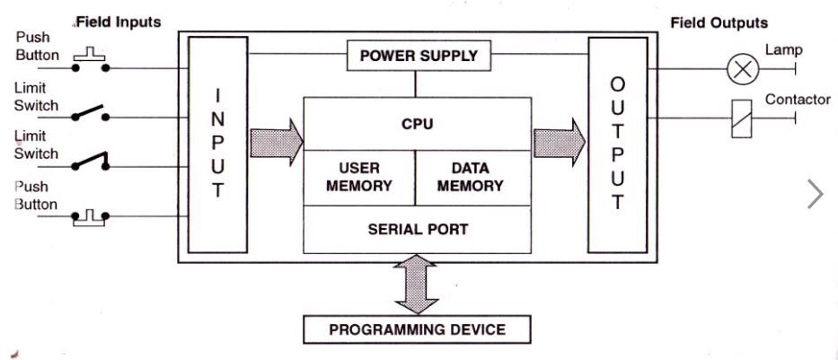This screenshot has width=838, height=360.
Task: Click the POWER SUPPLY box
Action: click(419, 56)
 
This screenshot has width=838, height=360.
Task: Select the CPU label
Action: click(417, 123)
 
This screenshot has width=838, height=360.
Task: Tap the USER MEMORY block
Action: click(358, 177)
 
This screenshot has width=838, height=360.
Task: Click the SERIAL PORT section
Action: click(417, 229)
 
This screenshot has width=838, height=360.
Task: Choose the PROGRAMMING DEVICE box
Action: click(417, 329)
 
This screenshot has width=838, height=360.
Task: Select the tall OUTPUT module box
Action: click(616, 144)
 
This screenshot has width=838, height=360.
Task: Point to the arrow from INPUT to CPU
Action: click(276, 142)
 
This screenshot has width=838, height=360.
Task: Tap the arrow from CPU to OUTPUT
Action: click(559, 142)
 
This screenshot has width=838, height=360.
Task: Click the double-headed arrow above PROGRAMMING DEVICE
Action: click(417, 283)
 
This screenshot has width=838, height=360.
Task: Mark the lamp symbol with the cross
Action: click(742, 67)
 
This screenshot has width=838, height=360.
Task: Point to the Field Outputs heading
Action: click(719, 22)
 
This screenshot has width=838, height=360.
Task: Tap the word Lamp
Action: click(783, 51)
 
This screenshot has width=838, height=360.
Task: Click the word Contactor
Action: click(797, 100)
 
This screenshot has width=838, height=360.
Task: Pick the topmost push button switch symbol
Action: click(90, 61)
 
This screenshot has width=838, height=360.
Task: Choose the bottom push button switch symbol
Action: click(90, 216)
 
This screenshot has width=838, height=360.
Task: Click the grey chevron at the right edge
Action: click(815, 194)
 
